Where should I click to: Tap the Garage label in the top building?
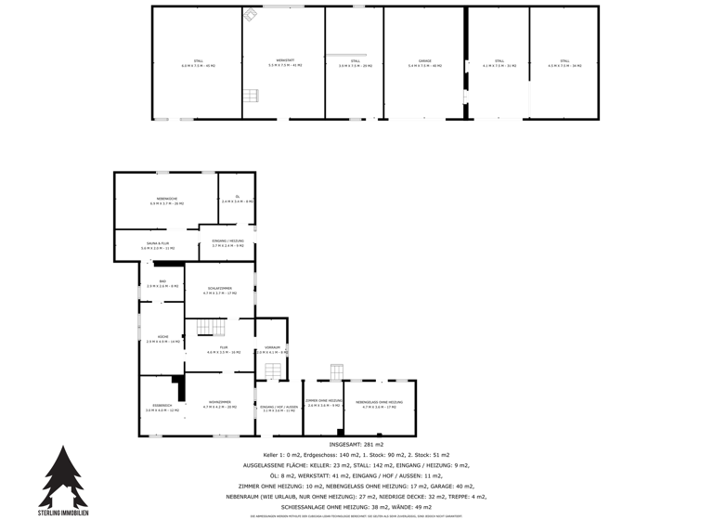coord(424,63)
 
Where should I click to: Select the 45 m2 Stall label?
coord(198,63)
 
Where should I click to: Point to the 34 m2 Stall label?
coord(564,63)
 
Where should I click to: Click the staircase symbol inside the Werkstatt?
coord(251,96)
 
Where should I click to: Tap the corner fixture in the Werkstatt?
coord(251,15)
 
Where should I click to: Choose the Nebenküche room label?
coord(167,201)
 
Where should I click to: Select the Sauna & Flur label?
coord(156,246)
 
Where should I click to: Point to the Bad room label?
coord(162,283)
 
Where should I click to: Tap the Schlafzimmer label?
coord(219,290)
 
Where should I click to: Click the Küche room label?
coord(162,339)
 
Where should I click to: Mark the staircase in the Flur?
coord(210,328)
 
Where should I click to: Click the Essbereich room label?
coord(162,407)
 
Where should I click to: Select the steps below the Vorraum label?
coord(273,370)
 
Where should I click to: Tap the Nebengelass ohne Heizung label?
coord(379,404)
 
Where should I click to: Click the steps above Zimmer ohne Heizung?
coord(336,371)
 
